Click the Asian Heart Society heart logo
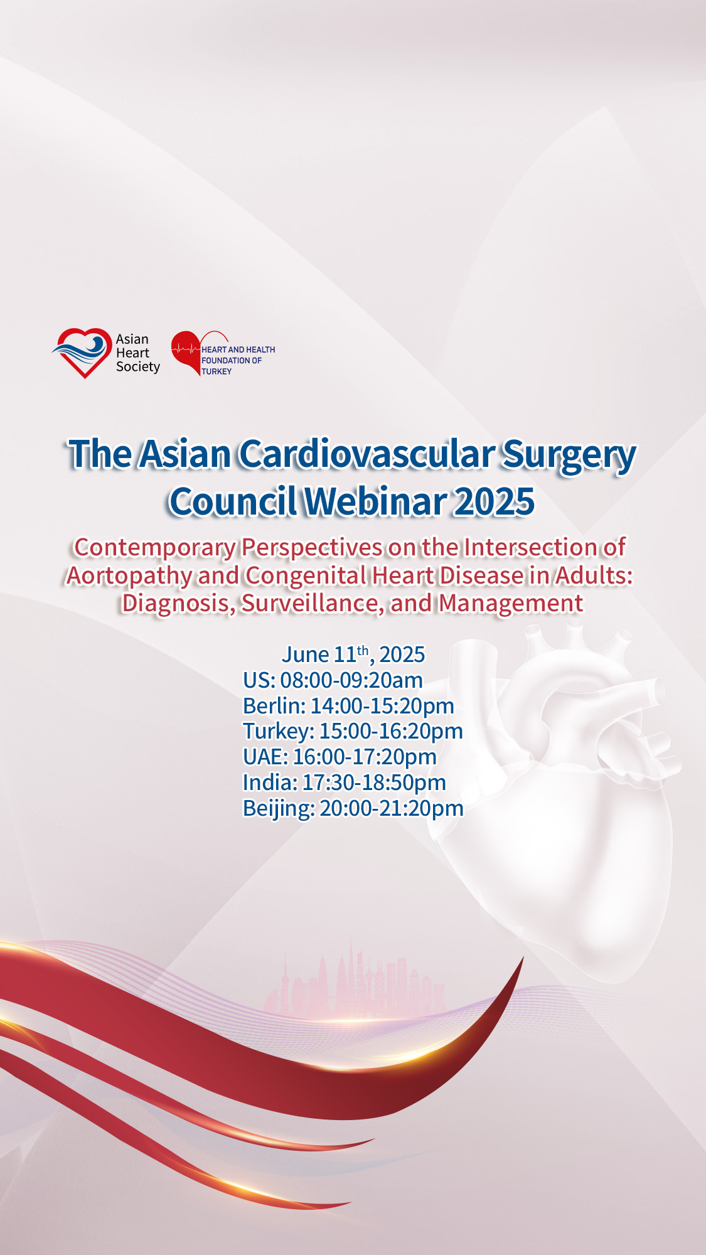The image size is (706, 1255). click(x=82, y=353)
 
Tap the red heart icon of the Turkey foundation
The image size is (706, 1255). click(x=186, y=353)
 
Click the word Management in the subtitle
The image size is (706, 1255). click(x=511, y=604)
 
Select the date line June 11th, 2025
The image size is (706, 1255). click(x=353, y=654)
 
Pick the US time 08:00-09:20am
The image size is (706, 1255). click(x=351, y=680)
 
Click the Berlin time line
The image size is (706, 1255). click(x=348, y=706)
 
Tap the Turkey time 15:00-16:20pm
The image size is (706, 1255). click(x=391, y=731)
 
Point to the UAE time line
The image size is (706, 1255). click(x=340, y=757)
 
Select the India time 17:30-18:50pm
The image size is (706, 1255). click(x=374, y=782)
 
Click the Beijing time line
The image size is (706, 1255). click(x=353, y=808)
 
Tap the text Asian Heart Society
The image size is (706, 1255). click(x=137, y=353)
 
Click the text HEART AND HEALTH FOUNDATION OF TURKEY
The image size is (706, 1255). click(x=238, y=360)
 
